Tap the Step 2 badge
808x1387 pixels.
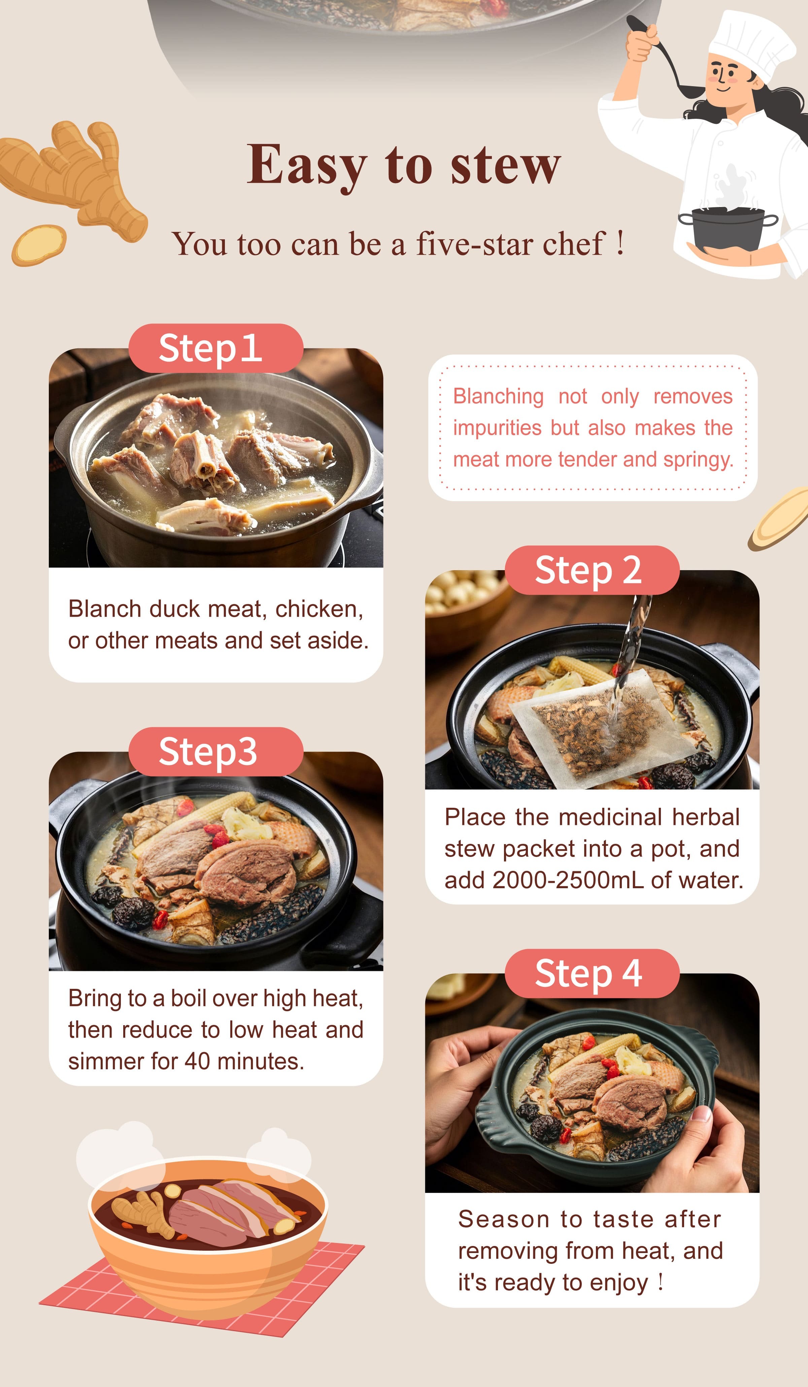(x=592, y=570)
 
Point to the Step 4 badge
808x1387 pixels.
(x=592, y=974)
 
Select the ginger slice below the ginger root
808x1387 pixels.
(x=38, y=245)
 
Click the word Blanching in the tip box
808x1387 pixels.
(x=498, y=396)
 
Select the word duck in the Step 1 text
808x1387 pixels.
(x=174, y=609)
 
